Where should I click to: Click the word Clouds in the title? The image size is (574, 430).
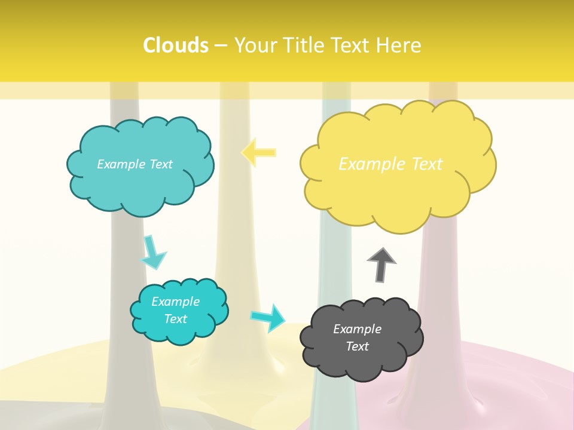click(176, 45)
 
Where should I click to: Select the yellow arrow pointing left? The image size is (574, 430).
click(259, 152)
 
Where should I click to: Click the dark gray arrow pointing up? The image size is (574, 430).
click(381, 264)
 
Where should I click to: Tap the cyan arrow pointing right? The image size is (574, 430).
click(268, 317)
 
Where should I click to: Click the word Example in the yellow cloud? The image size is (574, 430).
click(366, 164)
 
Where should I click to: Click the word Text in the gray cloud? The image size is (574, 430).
click(357, 346)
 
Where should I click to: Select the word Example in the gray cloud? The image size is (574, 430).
click(357, 329)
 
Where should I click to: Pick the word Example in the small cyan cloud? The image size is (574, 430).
click(175, 302)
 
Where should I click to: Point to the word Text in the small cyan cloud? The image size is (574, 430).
click(175, 319)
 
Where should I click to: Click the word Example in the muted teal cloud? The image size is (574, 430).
click(120, 164)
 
